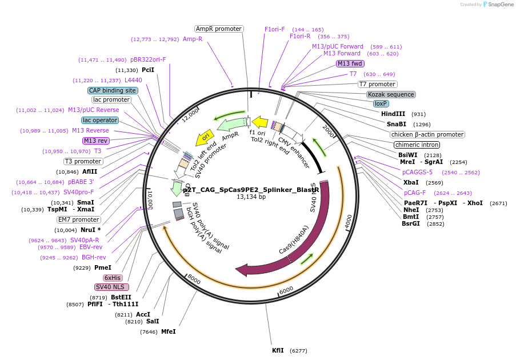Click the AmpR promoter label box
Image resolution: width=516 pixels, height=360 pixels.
pyautogui.click(x=219, y=29)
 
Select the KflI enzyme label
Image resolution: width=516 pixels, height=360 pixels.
pyautogui.click(x=278, y=350)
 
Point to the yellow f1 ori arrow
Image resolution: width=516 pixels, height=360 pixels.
pyautogui.click(x=260, y=122)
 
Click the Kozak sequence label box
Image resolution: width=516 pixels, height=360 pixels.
pyautogui.click(x=391, y=94)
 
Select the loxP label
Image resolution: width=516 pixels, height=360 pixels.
pyautogui.click(x=381, y=104)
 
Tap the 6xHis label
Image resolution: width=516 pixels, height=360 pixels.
pyautogui.click(x=113, y=278)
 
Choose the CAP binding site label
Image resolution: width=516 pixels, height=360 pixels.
pyautogui.click(x=113, y=90)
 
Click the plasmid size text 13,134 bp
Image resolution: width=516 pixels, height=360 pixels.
pyautogui.click(x=251, y=197)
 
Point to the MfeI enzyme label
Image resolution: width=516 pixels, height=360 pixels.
pyautogui.click(x=168, y=331)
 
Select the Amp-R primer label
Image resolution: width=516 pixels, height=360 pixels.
pyautogui.click(x=193, y=39)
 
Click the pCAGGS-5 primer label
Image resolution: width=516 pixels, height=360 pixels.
pyautogui.click(x=417, y=172)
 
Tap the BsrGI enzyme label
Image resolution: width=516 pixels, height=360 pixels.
pyautogui.click(x=411, y=223)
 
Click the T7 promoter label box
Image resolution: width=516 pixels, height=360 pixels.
pyautogui.click(x=378, y=84)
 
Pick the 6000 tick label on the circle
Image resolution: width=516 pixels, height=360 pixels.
pyautogui.click(x=286, y=290)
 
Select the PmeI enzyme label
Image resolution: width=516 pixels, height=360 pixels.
pyautogui.click(x=103, y=267)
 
